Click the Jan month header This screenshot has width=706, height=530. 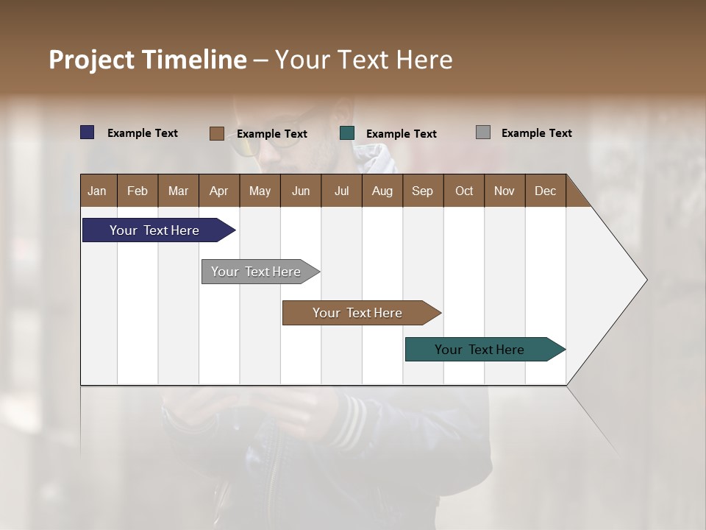[x=98, y=191]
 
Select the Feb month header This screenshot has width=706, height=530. [x=138, y=191]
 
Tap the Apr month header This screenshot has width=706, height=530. [x=218, y=191]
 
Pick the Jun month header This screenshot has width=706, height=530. [x=301, y=191]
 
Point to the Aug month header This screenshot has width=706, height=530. [x=382, y=191]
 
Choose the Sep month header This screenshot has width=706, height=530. [x=422, y=191]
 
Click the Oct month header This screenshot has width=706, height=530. [x=464, y=191]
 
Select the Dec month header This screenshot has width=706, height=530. [x=545, y=191]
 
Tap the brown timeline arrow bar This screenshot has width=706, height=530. [x=358, y=313]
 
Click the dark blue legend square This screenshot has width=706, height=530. [x=88, y=132]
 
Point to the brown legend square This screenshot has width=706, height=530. [x=216, y=133]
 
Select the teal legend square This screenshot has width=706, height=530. [x=347, y=133]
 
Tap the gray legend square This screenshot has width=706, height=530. [x=483, y=132]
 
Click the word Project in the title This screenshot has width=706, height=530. [x=92, y=60]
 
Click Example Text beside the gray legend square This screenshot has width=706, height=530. [x=536, y=133]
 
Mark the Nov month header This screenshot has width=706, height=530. [x=504, y=191]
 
